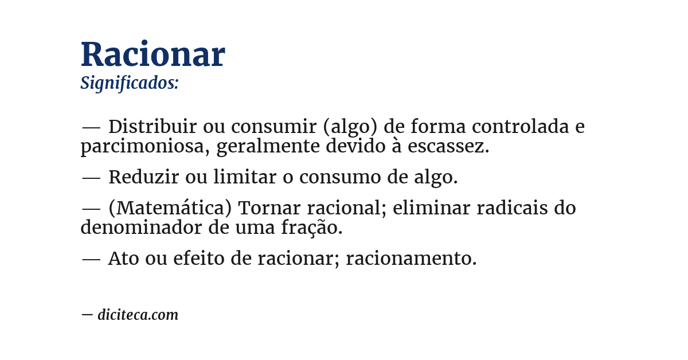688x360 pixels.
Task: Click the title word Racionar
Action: coord(153,55)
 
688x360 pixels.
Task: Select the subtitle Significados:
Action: coord(130,83)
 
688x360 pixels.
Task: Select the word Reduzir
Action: coord(144,178)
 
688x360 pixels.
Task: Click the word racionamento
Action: coord(411,259)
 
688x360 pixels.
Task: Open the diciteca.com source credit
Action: coord(138,315)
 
